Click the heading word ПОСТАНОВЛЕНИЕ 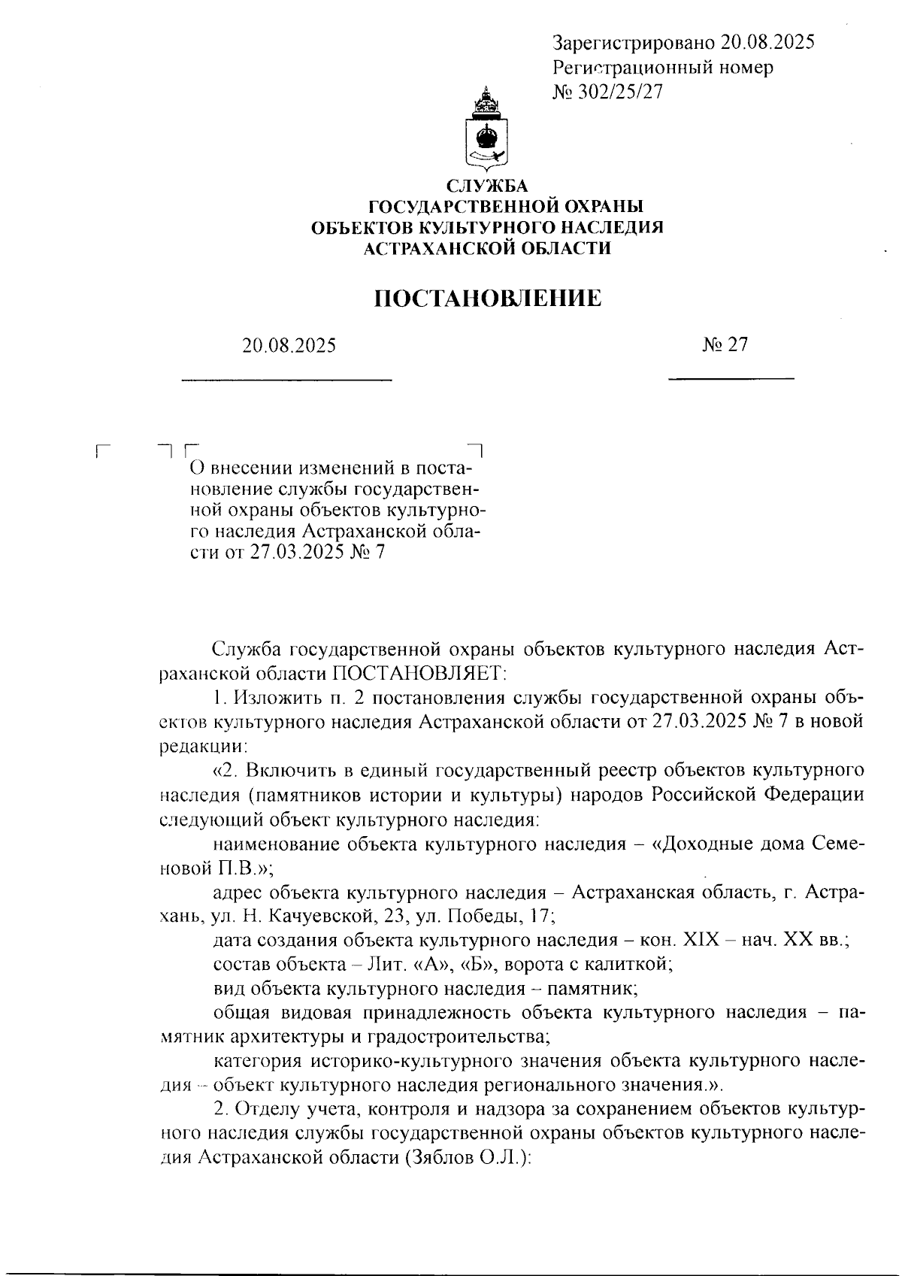488,299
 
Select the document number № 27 725,344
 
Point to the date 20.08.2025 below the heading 289,346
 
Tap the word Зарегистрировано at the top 633,43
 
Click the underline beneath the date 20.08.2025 287,378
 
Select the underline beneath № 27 731,377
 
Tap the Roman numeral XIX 703,941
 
